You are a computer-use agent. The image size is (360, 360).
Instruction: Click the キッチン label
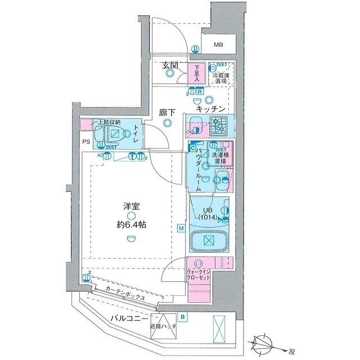tap(210, 108)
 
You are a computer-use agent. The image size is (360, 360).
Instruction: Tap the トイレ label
tap(136, 135)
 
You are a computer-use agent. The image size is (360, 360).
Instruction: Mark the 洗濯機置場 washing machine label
tap(219, 157)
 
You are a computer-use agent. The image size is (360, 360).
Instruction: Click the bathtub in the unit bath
tap(209, 241)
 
